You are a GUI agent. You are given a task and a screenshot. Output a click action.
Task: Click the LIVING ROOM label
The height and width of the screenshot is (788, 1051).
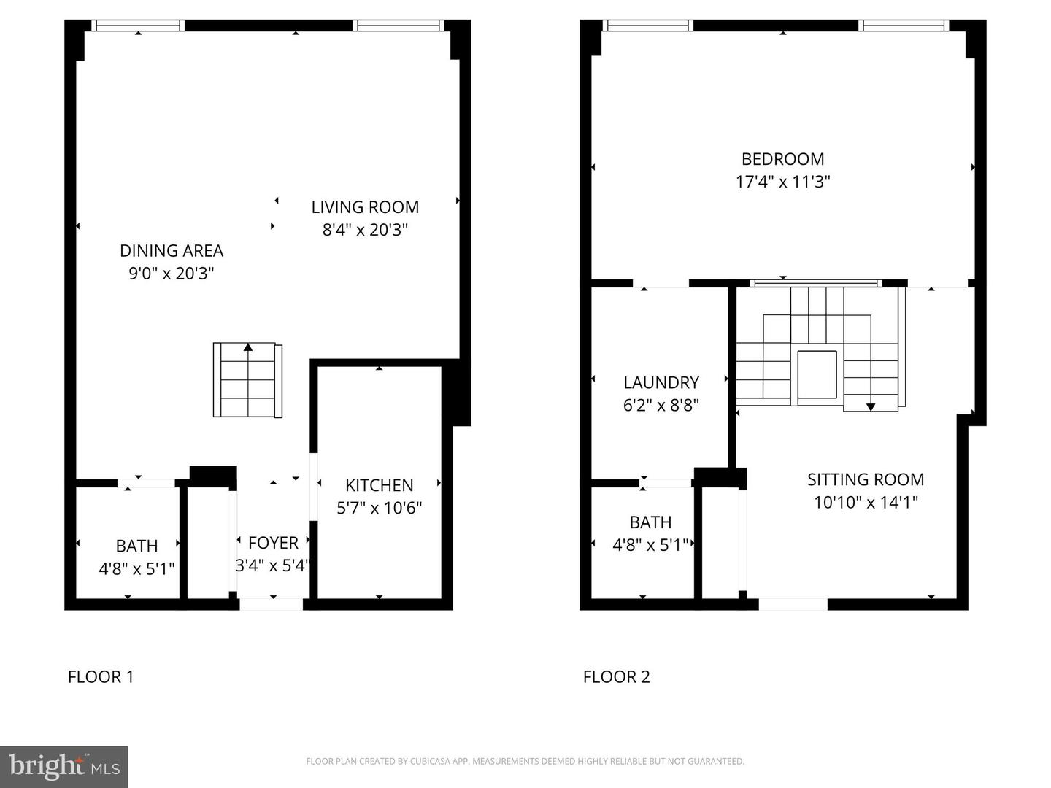pos(365,207)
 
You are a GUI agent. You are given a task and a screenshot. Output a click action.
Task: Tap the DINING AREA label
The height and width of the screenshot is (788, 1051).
pos(172,251)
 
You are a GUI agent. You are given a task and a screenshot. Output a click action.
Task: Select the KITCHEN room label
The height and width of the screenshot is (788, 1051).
pos(380,485)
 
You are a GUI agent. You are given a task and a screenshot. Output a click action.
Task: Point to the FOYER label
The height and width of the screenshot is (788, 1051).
pos(274,543)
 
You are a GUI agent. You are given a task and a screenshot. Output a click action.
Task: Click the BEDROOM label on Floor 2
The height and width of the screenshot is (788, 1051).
pos(783,159)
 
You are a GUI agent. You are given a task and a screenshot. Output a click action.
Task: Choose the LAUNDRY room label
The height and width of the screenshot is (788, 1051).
pos(661,382)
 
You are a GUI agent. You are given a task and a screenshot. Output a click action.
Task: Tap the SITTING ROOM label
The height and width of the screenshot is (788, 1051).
pos(866,479)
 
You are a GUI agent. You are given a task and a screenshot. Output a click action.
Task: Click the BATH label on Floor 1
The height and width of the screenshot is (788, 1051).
pos(136,546)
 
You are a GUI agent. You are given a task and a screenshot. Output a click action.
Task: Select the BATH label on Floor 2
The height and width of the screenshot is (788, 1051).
pos(650,522)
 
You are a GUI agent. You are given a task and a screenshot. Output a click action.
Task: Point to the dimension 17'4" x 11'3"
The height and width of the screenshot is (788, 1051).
pos(783,182)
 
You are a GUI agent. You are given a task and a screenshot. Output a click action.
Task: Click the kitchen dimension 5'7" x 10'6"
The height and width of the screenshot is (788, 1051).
pos(380,508)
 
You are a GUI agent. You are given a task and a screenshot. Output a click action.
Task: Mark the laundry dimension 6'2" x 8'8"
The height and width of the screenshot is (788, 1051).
pos(661,405)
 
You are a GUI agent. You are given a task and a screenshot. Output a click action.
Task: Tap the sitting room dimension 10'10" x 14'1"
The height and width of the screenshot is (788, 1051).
pos(866,503)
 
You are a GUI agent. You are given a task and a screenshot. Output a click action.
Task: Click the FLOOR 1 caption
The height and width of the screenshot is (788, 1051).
pos(101,677)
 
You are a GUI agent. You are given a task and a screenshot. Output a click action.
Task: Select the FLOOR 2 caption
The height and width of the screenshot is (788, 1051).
pos(616,677)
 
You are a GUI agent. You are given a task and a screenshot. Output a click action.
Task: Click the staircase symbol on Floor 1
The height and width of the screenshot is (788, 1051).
pos(247,380)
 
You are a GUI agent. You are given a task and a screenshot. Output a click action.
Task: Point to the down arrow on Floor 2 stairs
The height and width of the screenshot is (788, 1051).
pos(871,406)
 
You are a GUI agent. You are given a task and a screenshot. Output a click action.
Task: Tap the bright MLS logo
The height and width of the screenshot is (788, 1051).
pos(64,766)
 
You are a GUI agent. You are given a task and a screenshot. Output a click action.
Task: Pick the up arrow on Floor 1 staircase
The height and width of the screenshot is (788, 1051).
pos(247,347)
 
